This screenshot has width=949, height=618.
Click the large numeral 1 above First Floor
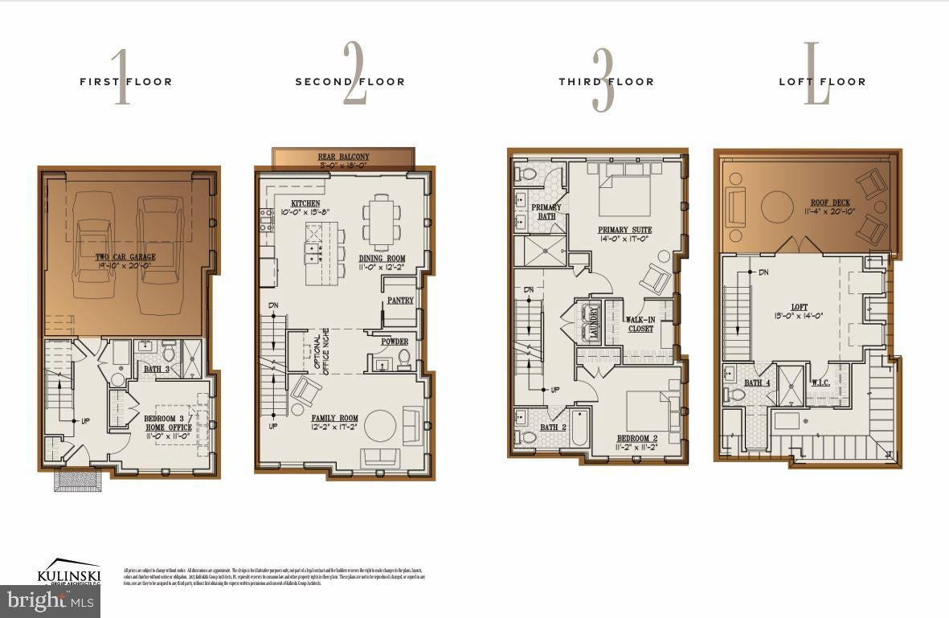(x=121, y=77)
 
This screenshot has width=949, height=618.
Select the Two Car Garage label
(x=126, y=257)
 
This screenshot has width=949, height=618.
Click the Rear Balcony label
(x=343, y=157)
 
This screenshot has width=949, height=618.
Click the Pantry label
(x=399, y=301)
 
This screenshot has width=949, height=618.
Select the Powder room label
(x=395, y=342)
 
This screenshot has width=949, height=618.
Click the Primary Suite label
(x=624, y=230)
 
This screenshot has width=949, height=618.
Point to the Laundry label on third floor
(x=594, y=322)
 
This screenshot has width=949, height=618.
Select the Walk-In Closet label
(x=640, y=324)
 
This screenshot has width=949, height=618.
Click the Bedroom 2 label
(x=637, y=438)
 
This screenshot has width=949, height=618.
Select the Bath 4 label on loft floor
(x=757, y=383)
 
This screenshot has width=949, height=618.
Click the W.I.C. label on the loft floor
(x=820, y=382)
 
